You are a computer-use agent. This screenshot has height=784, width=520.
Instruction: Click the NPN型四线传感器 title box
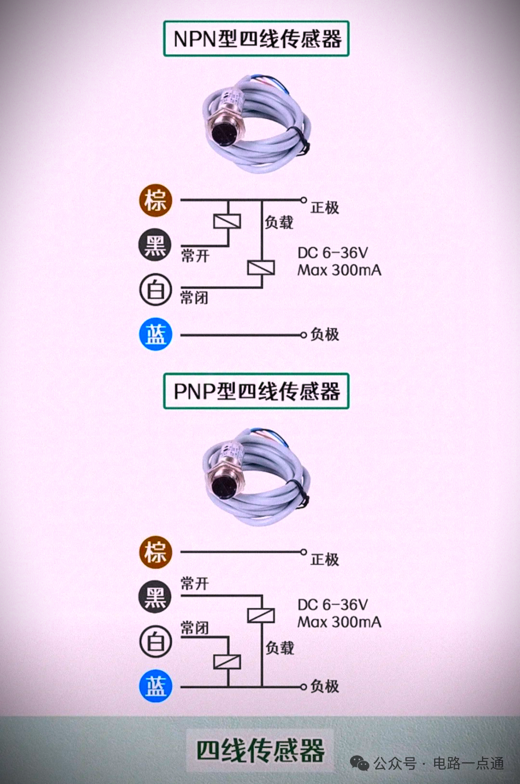[x=256, y=39]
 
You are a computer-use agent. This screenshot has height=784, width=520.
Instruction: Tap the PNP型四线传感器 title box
[x=256, y=391]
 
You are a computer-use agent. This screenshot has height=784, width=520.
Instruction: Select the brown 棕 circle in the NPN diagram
[x=156, y=200]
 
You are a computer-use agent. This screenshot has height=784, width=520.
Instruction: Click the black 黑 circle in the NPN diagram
[x=156, y=245]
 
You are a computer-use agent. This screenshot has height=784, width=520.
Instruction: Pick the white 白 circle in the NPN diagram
[x=156, y=290]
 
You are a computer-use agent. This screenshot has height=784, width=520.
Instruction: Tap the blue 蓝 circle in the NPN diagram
[x=156, y=334]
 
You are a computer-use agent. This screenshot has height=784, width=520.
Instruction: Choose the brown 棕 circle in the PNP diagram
[x=156, y=552]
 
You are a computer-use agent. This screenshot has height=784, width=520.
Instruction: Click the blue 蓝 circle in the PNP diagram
[x=156, y=686]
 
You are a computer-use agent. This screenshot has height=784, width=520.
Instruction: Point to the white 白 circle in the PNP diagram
[x=156, y=641]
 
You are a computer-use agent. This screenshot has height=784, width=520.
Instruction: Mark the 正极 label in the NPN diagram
[x=325, y=208]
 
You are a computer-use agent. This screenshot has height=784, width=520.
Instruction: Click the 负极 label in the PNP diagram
[x=325, y=686]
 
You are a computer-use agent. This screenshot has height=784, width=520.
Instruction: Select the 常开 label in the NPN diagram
[x=195, y=256]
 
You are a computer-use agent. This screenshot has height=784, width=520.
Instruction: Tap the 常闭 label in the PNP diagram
[x=195, y=628]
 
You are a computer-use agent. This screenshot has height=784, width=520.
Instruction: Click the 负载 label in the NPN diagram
[x=279, y=222]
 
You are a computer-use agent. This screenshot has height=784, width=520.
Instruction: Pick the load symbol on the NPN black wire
[x=227, y=222]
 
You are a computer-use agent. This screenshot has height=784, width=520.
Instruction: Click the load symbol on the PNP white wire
[x=227, y=662]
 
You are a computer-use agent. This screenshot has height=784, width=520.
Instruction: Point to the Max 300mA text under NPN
[x=339, y=270]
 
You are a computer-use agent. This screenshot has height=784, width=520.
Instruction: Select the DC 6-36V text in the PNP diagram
[x=333, y=605]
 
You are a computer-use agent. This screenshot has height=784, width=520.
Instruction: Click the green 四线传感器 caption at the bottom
[x=260, y=750]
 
